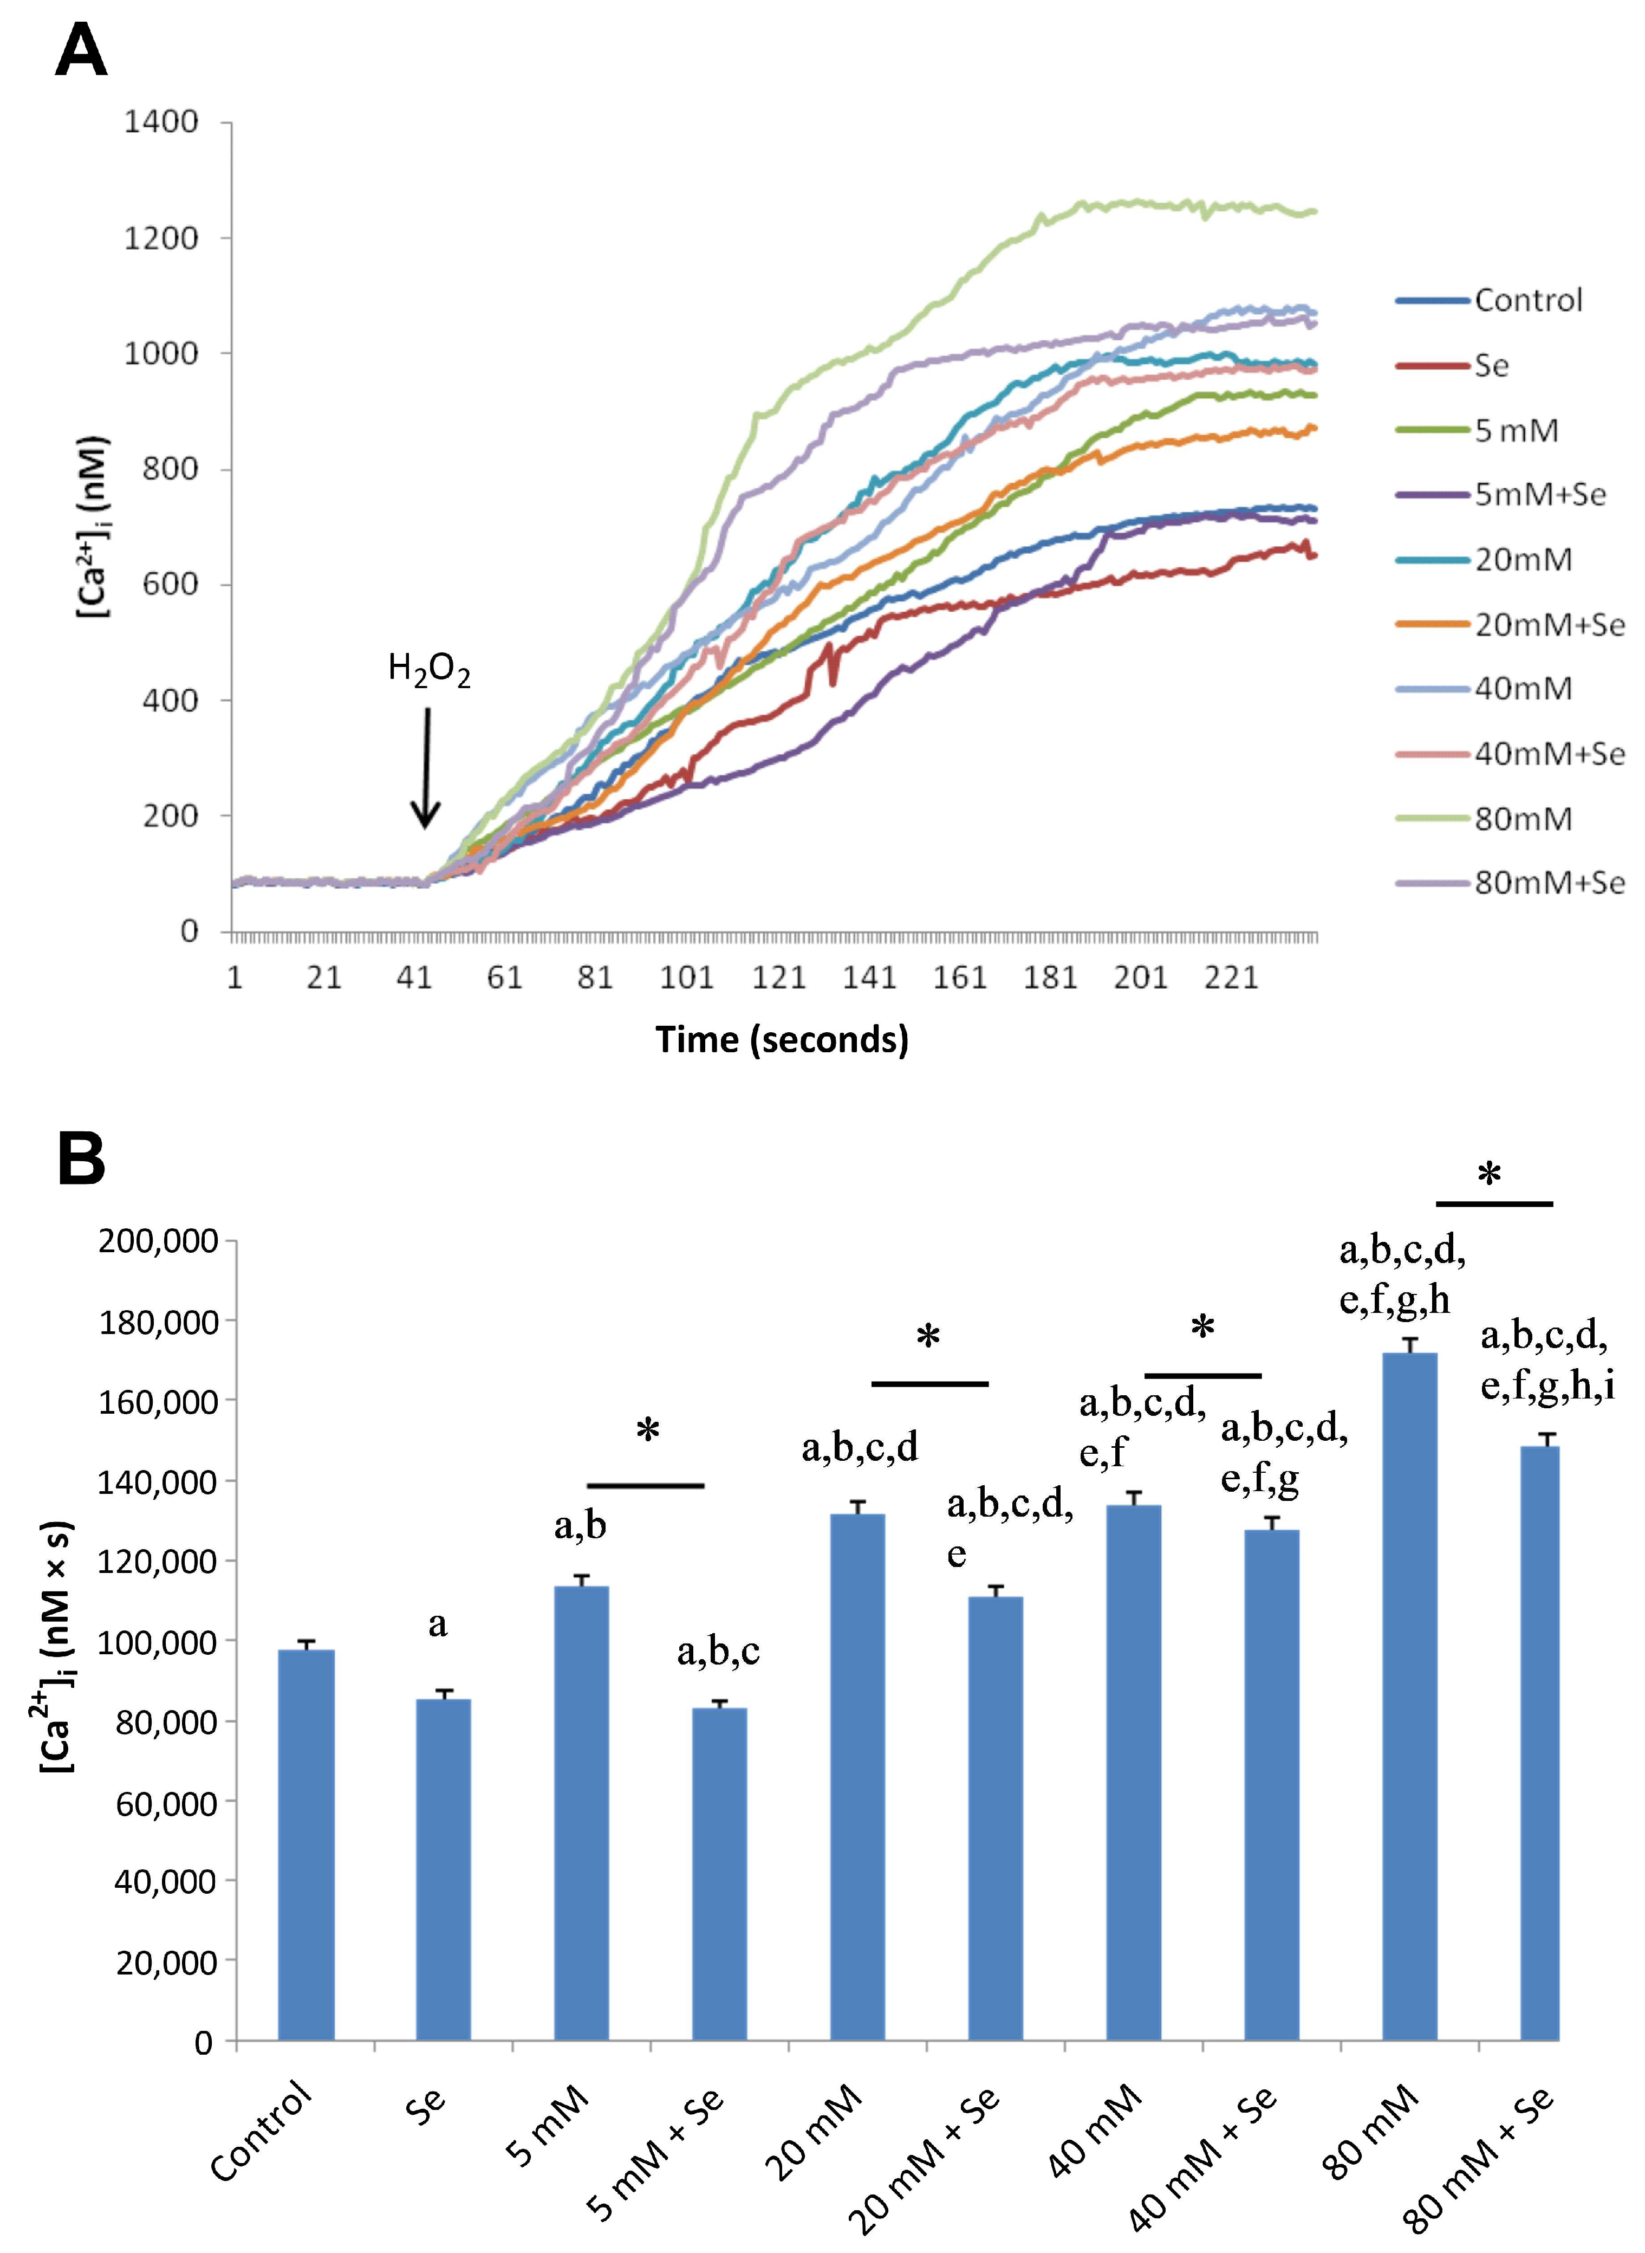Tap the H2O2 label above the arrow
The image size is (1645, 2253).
pyautogui.click(x=428, y=672)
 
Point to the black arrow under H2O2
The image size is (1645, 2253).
pyautogui.click(x=426, y=767)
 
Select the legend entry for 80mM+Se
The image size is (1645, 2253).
pyautogui.click(x=1549, y=883)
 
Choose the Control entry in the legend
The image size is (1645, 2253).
pyautogui.click(x=1527, y=301)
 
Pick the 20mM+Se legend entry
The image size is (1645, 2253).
pyautogui.click(x=1549, y=625)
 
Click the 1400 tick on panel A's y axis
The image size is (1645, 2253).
pyautogui.click(x=161, y=122)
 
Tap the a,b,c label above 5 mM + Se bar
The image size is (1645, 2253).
pyautogui.click(x=718, y=1653)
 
